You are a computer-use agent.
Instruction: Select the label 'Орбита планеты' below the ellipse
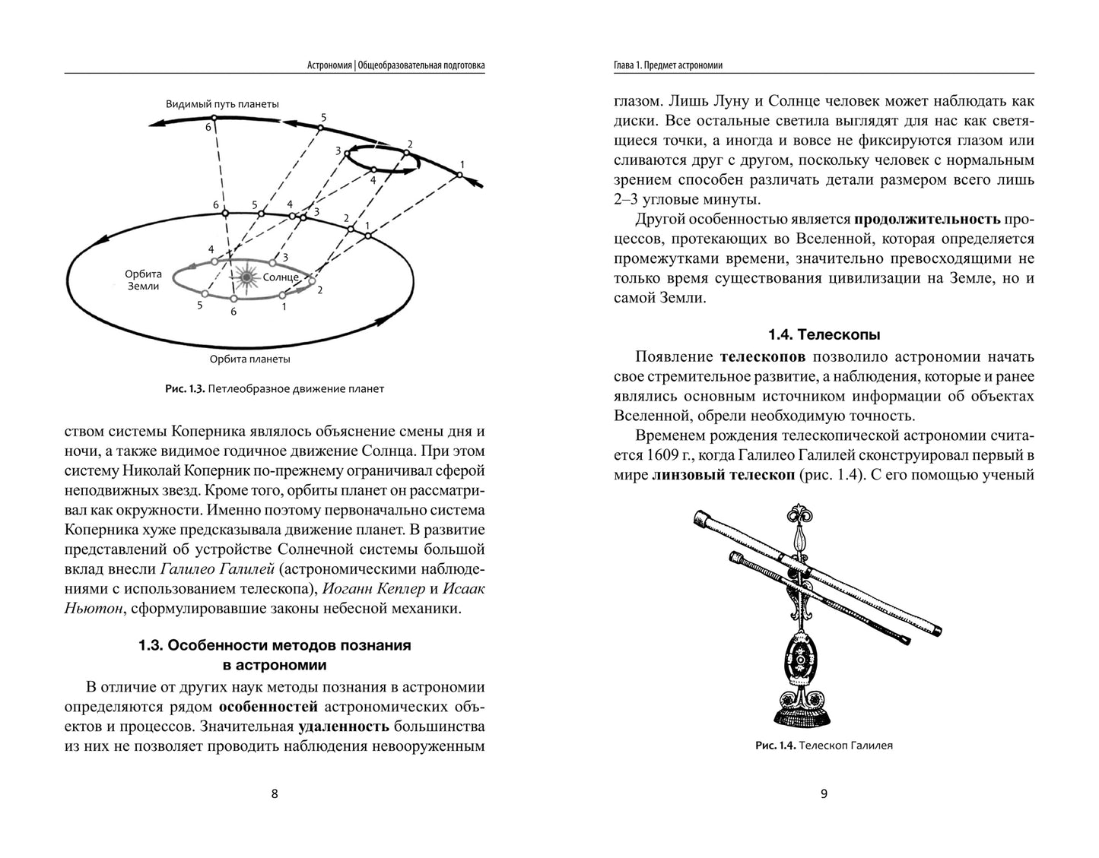(250, 359)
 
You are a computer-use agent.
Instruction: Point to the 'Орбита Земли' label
(142, 280)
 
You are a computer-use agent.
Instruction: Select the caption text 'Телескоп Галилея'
(846, 746)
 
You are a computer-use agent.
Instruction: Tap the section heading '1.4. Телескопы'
(824, 334)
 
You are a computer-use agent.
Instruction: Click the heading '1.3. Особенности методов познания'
(275, 645)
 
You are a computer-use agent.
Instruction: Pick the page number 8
(275, 794)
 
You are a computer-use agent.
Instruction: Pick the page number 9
(824, 794)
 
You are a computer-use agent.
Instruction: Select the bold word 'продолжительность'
(927, 220)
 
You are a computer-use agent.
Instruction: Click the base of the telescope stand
(801, 714)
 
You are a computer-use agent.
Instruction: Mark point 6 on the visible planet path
(214, 118)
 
